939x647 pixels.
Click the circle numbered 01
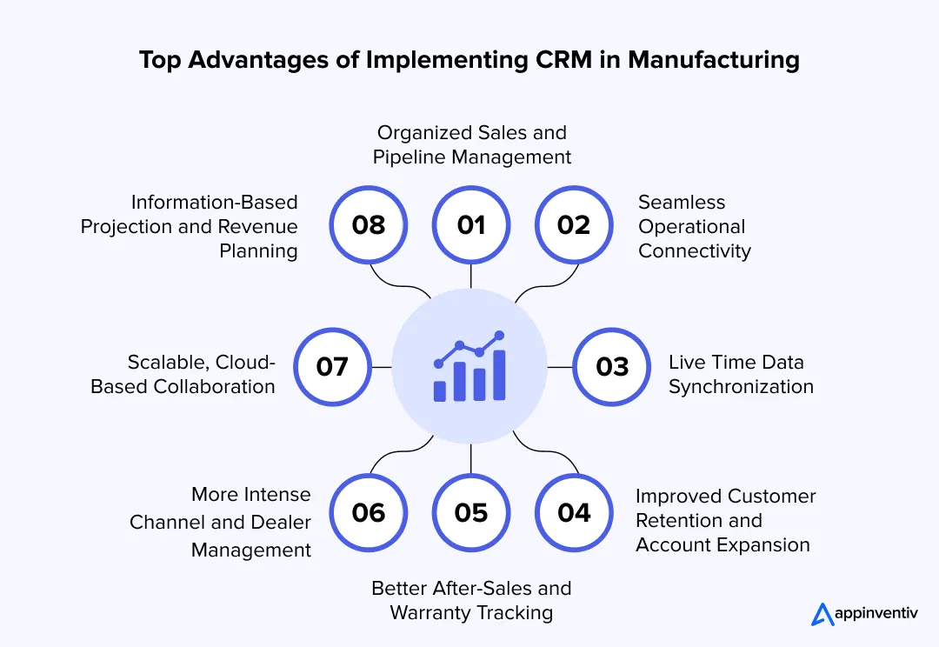pyautogui.click(x=470, y=225)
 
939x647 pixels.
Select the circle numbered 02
pyautogui.click(x=574, y=225)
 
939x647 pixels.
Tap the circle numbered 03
pyautogui.click(x=612, y=367)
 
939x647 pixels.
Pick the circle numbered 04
pyautogui.click(x=574, y=512)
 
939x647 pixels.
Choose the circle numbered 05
pyautogui.click(x=470, y=512)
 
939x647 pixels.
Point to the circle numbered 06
pyautogui.click(x=369, y=512)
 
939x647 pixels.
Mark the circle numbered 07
pyautogui.click(x=332, y=367)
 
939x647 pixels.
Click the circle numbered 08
pyautogui.click(x=369, y=225)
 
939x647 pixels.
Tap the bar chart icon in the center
pyautogui.click(x=469, y=367)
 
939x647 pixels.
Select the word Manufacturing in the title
pyautogui.click(x=714, y=61)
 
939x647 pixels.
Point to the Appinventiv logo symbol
pyautogui.click(x=822, y=615)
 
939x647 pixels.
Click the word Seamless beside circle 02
pyautogui.click(x=682, y=203)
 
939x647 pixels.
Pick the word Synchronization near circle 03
pyautogui.click(x=741, y=387)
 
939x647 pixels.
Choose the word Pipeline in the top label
pyautogui.click(x=412, y=157)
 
